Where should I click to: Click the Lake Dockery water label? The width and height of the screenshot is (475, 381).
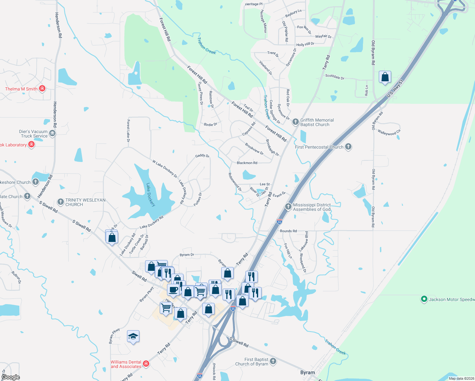tap(151, 194)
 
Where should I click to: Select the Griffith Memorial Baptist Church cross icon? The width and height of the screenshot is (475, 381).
tap(295, 122)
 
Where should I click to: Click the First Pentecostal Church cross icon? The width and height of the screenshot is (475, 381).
tap(348, 147)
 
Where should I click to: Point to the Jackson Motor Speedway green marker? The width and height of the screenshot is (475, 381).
tap(424, 299)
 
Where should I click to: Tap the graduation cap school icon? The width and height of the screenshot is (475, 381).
tap(133, 336)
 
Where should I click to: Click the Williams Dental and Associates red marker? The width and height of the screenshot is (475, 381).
tap(146, 364)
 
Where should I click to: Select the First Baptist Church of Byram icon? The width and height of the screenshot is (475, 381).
tap(273, 361)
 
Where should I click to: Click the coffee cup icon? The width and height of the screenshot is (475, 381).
tap(173, 290)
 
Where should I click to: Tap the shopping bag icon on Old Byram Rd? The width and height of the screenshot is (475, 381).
tap(385, 77)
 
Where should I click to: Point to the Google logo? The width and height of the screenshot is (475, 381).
tap(11, 377)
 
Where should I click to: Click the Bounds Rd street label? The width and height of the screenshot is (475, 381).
tap(288, 231)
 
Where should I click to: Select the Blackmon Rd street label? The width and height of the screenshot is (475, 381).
tap(247, 163)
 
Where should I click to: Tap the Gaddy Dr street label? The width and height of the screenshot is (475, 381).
tap(202, 156)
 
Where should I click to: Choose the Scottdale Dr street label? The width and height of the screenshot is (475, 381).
tap(335, 77)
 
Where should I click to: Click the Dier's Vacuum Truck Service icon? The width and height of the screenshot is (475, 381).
tap(52, 133)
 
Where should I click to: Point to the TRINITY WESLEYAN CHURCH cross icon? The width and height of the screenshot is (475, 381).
tap(61, 202)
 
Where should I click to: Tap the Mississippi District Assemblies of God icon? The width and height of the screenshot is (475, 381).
tap(288, 207)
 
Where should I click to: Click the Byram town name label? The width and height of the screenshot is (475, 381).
tap(308, 372)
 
